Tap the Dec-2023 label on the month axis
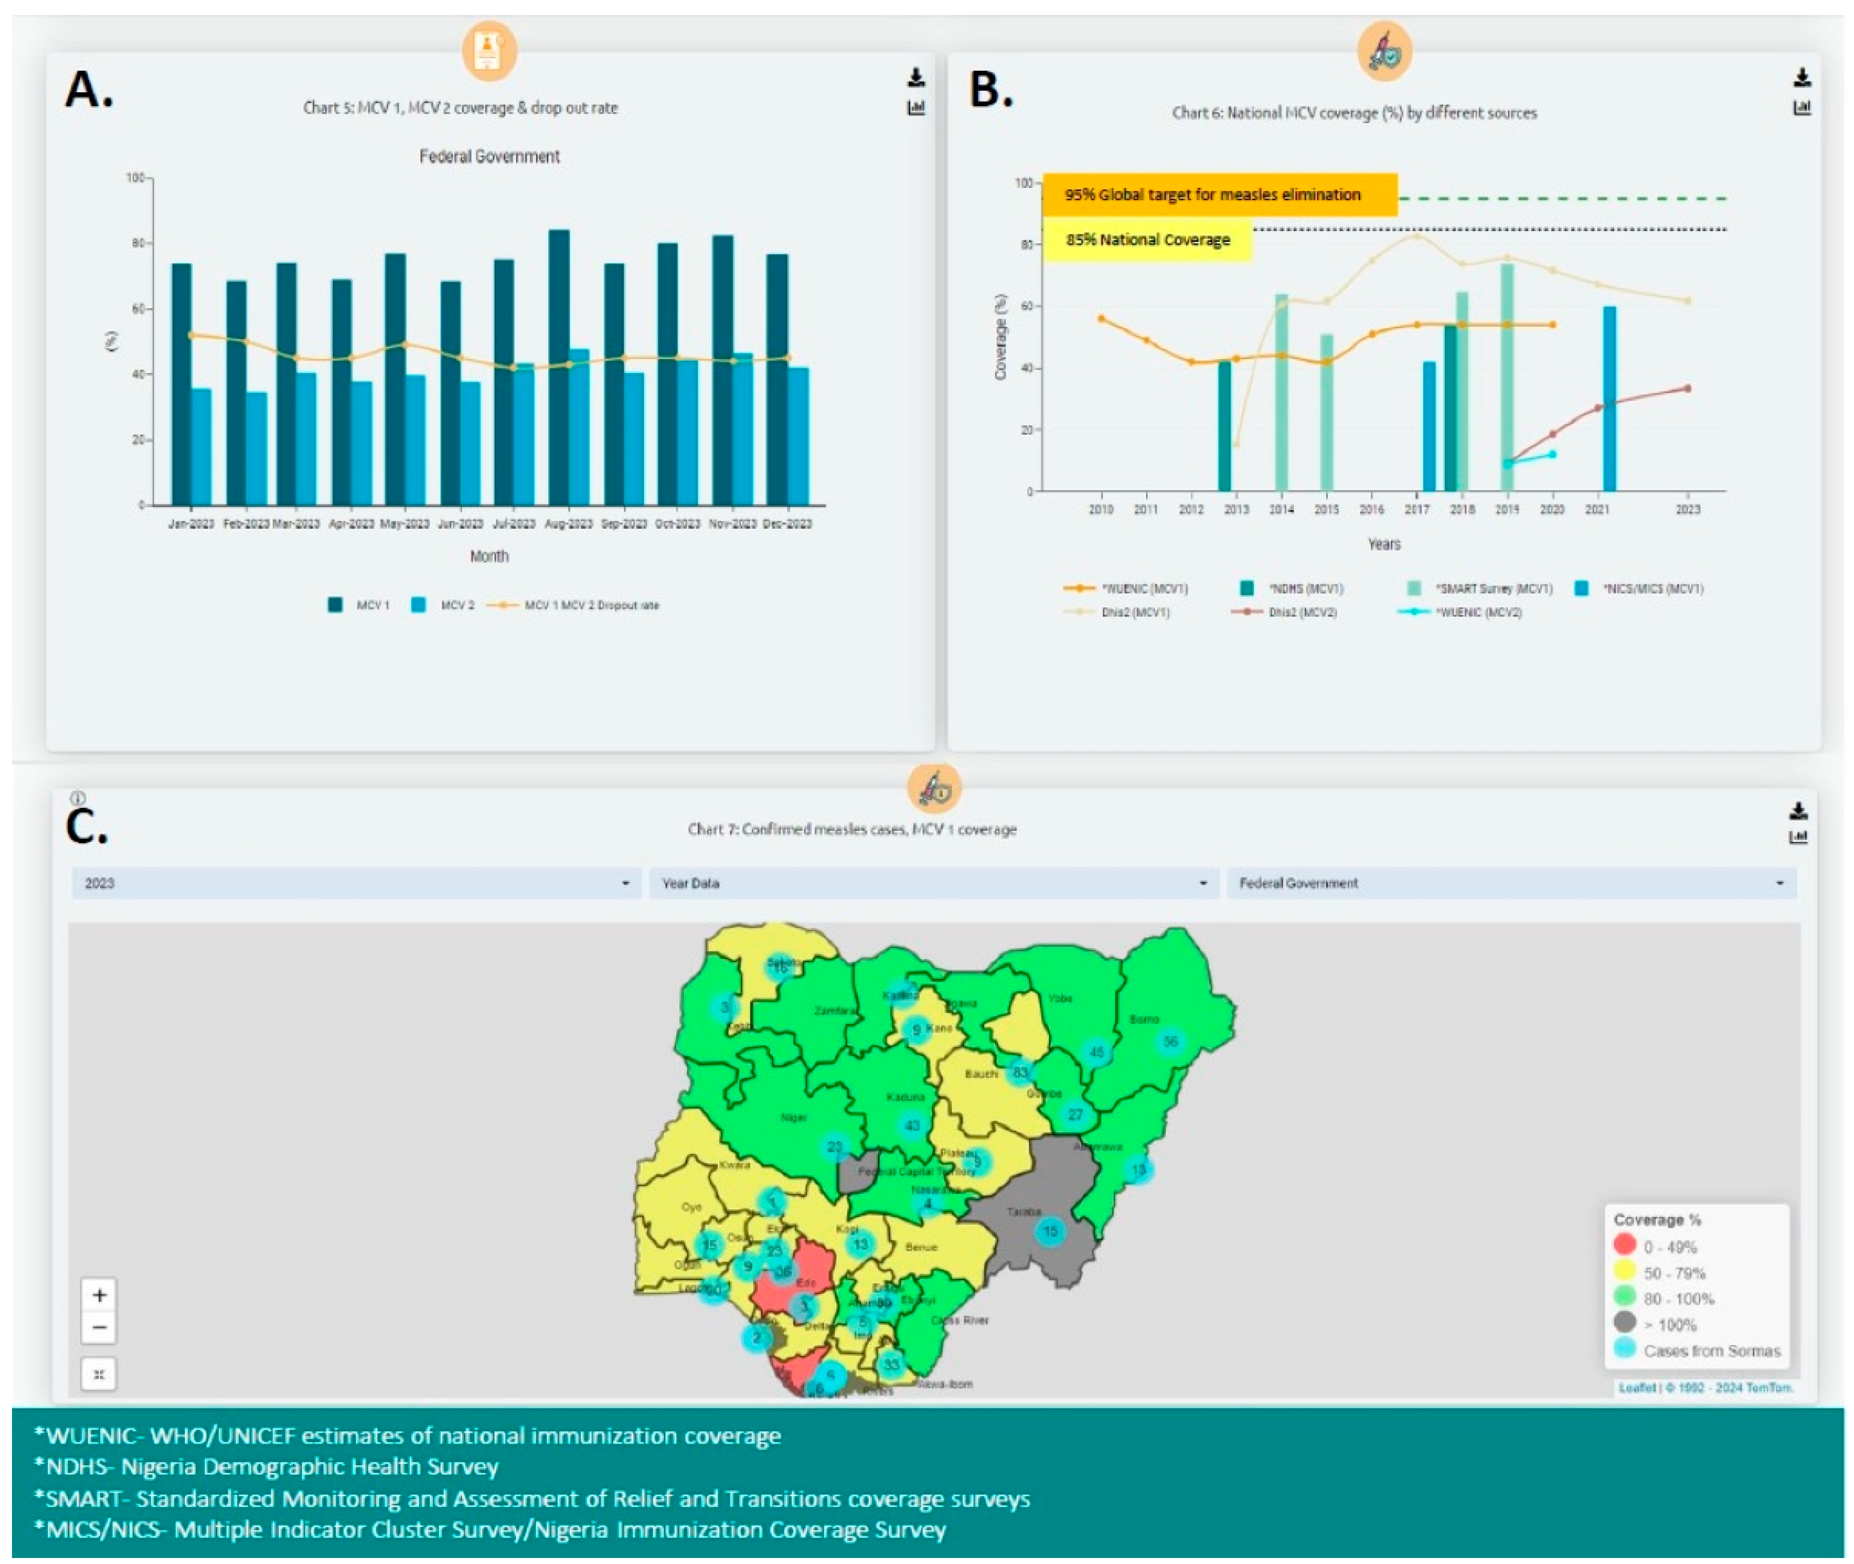(x=787, y=524)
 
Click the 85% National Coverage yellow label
(x=1148, y=239)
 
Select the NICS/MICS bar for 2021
(x=1609, y=399)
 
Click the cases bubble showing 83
(x=1020, y=1072)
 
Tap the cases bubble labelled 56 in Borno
(x=1170, y=1042)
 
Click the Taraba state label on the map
(x=1023, y=1211)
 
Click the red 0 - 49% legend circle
(x=1625, y=1246)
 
